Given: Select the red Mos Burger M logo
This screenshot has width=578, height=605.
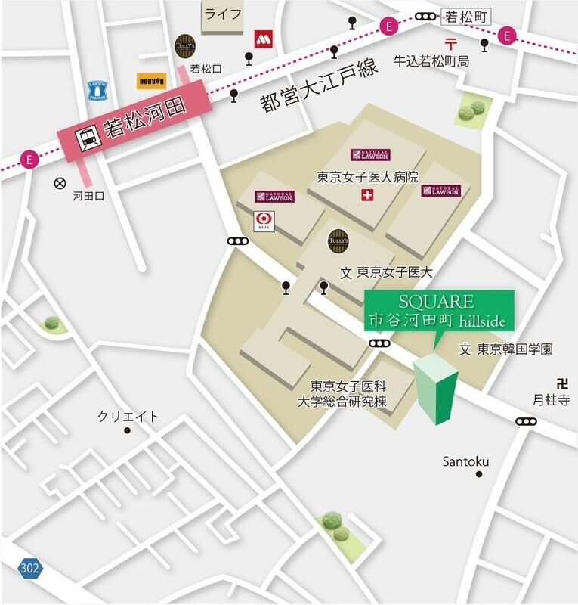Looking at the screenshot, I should point(262,38).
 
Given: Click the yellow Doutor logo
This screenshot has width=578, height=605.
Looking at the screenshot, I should point(151,81).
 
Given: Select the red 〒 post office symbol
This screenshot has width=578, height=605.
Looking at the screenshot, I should point(451,44).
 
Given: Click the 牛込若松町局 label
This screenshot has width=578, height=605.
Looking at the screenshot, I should point(431,61).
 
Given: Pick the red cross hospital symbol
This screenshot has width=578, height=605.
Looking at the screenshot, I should point(367,196).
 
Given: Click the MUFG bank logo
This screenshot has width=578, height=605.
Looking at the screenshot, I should point(264,221).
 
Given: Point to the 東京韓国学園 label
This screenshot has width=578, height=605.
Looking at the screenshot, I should point(514,349).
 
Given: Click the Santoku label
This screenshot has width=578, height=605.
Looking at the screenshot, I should point(465,461).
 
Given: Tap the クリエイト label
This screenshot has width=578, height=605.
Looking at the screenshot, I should point(128,417).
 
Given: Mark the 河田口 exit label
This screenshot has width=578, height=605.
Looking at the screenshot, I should point(88,196).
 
